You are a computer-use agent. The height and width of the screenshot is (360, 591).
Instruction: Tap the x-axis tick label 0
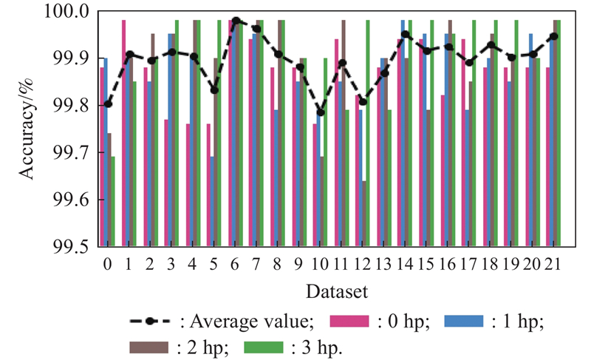click(x=108, y=263)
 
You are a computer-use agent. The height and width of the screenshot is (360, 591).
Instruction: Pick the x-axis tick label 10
click(x=320, y=263)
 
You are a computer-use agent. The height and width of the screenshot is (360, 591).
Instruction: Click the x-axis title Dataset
click(x=330, y=288)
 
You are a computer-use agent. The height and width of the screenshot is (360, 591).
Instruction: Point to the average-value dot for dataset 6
click(x=236, y=21)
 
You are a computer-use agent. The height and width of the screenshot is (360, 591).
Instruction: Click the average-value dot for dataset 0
click(x=108, y=104)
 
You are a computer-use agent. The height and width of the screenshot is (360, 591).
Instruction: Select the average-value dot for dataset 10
click(x=320, y=112)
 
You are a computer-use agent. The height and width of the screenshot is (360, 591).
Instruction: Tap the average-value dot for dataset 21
click(x=553, y=35)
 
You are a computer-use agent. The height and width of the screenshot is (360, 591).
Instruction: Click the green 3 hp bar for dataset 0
click(x=113, y=201)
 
